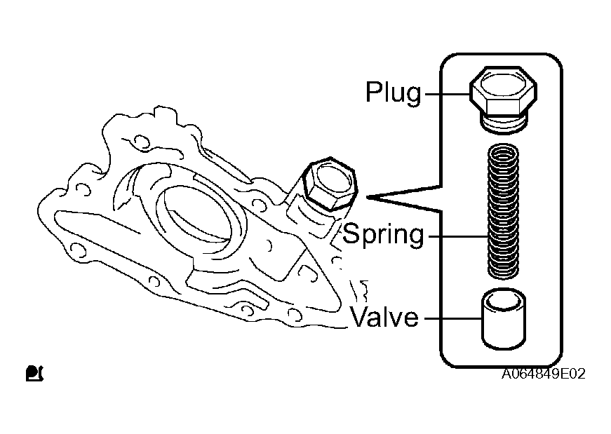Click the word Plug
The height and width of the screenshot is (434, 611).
tap(393, 93)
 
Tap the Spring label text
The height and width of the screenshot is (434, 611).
tap(384, 235)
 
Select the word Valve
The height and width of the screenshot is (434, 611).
tap(384, 316)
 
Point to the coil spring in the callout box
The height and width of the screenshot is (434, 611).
tap(503, 211)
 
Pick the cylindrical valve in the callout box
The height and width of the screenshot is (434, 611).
tap(504, 318)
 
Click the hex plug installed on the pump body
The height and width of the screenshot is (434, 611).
tap(330, 184)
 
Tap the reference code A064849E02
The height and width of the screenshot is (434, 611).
tap(543, 374)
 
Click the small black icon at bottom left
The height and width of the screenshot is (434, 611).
tap(34, 373)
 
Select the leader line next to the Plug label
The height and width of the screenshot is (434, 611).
tap(448, 94)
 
